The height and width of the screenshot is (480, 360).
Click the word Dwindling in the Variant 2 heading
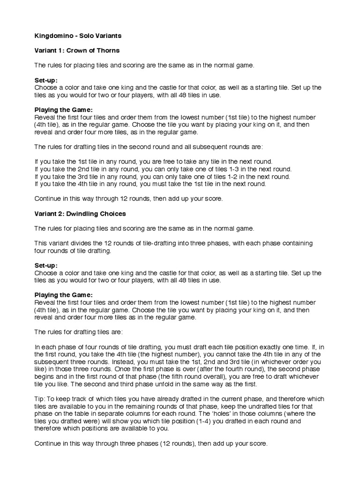(82, 214)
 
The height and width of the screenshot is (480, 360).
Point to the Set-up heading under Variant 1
(46, 80)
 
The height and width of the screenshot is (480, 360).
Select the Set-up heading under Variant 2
(46, 265)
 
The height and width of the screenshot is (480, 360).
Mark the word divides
(78, 243)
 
